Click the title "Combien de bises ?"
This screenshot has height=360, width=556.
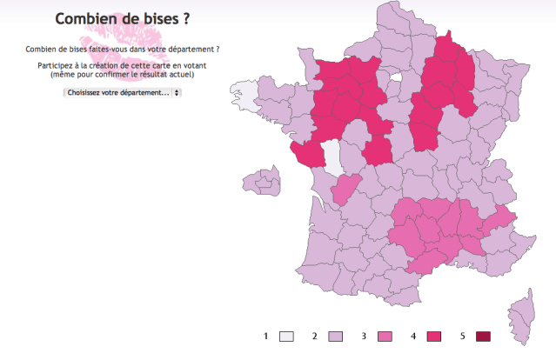pyautogui.click(x=122, y=18)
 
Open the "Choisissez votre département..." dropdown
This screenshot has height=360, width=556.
pyautogui.click(x=122, y=92)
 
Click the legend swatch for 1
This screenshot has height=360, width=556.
pyautogui.click(x=286, y=337)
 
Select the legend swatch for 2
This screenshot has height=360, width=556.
pyautogui.click(x=335, y=337)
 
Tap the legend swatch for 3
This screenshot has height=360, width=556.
pyautogui.click(x=385, y=337)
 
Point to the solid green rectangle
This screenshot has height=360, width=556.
pyautogui.click(x=125, y=282)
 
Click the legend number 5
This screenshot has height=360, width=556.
pyautogui.click(x=464, y=337)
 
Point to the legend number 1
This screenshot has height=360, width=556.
pyautogui.click(x=265, y=337)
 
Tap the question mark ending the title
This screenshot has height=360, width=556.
pyautogui.click(x=186, y=18)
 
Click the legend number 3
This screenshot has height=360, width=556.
pyautogui.click(x=365, y=337)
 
